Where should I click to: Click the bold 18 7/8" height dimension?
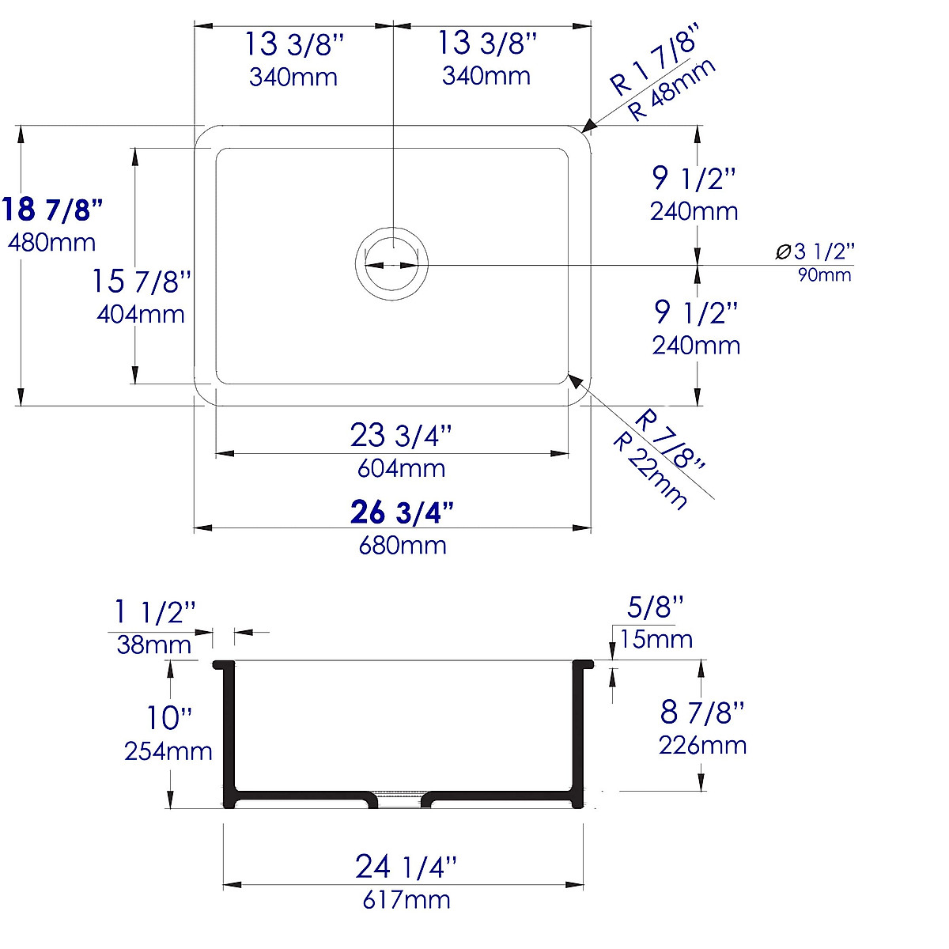pyautogui.click(x=52, y=210)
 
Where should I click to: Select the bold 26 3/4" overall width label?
pyautogui.click(x=402, y=512)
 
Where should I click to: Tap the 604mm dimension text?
pyautogui.click(x=401, y=468)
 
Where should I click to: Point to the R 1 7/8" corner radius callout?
pyautogui.click(x=653, y=62)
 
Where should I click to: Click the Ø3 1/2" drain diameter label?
pyautogui.click(x=815, y=251)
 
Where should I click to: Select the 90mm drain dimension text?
pyautogui.click(x=825, y=274)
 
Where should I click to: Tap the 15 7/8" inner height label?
pyautogui.click(x=141, y=281)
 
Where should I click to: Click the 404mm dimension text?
pyautogui.click(x=141, y=314)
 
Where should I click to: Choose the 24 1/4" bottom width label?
pyautogui.click(x=406, y=867)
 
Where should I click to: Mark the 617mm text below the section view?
pyautogui.click(x=406, y=900)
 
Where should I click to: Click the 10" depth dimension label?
pyautogui.click(x=168, y=718)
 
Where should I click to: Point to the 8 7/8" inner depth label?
pyautogui.click(x=702, y=712)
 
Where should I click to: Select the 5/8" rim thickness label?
pyautogui.click(x=655, y=607)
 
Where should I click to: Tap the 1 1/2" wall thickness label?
pyautogui.click(x=155, y=612)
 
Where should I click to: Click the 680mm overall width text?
pyautogui.click(x=402, y=545)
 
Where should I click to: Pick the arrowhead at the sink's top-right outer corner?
pyautogui.click(x=588, y=126)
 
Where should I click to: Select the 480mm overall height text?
pyautogui.click(x=51, y=242)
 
